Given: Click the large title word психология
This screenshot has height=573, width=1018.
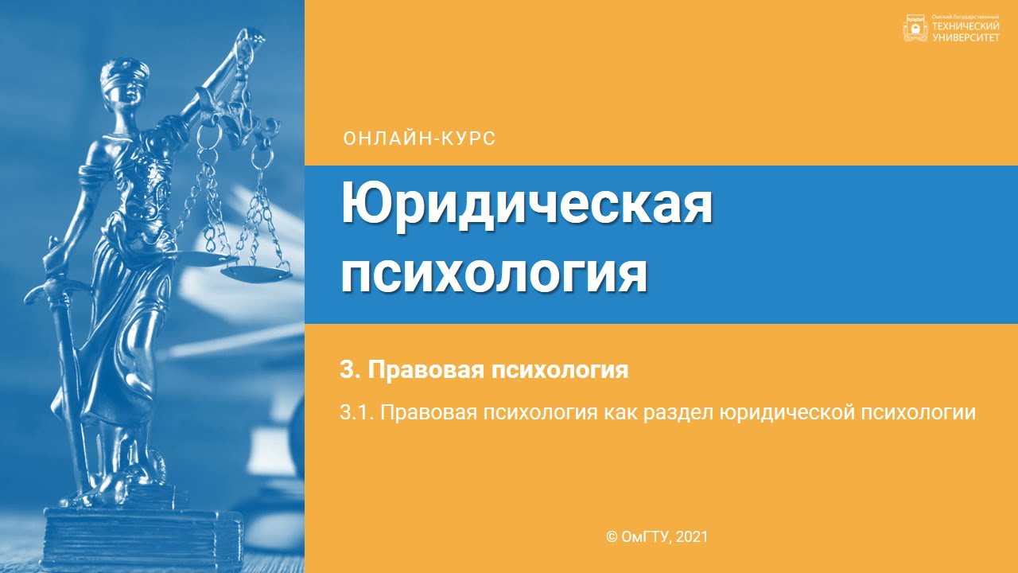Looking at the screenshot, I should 494,274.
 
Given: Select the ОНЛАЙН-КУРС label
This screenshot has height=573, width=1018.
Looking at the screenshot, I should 419,138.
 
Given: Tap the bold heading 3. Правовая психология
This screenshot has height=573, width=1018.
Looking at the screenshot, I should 484,370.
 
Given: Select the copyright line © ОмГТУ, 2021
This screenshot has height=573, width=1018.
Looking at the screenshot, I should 657,537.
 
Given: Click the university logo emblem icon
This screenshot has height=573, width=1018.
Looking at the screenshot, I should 915,29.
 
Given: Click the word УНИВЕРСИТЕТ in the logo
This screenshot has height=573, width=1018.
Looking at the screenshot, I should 965,37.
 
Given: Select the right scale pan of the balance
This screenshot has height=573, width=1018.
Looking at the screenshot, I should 255,273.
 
